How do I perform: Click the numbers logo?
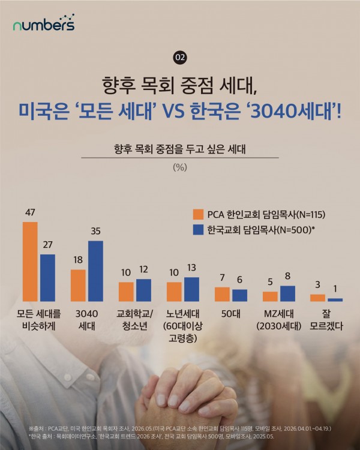[x=44, y=23]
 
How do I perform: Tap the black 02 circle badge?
[x=180, y=58]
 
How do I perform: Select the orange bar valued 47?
[x=30, y=262]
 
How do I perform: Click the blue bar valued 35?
[x=95, y=271]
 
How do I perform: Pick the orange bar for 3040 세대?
[x=78, y=285]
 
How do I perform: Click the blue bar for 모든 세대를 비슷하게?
[x=47, y=278]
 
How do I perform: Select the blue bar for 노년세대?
[x=191, y=289]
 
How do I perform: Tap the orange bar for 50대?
[x=222, y=294]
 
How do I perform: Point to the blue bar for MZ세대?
[x=287, y=293]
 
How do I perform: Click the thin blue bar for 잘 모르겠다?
[x=335, y=300]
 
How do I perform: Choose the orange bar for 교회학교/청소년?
[x=126, y=292]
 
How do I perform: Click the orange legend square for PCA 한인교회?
[x=198, y=214]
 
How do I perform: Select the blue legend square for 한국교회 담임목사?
[x=198, y=230]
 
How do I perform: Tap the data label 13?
[x=191, y=268]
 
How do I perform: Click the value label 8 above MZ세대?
[x=287, y=276]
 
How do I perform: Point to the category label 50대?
[x=231, y=314]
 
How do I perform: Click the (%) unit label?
[x=180, y=167]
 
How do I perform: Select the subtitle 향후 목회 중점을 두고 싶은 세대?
[x=180, y=149]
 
